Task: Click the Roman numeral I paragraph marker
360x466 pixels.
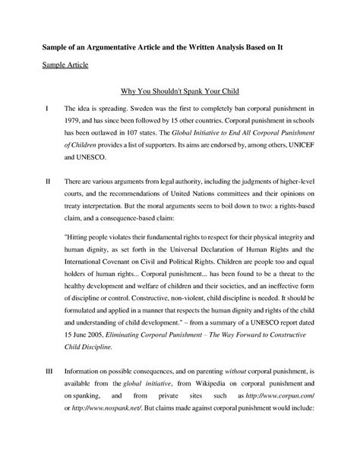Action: [47, 110]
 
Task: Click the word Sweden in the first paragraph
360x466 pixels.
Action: [133, 110]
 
